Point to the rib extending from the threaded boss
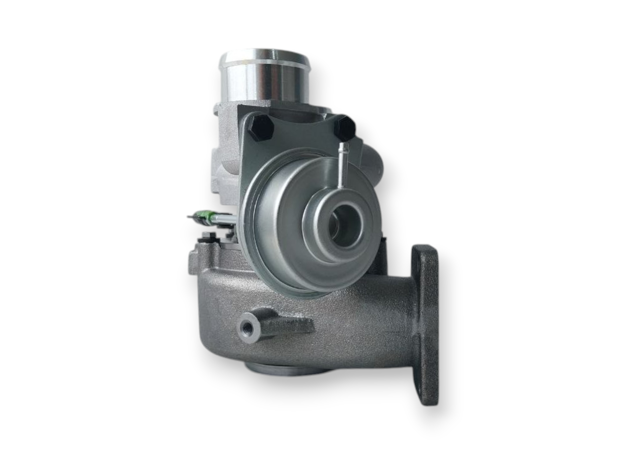pos(292,325)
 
